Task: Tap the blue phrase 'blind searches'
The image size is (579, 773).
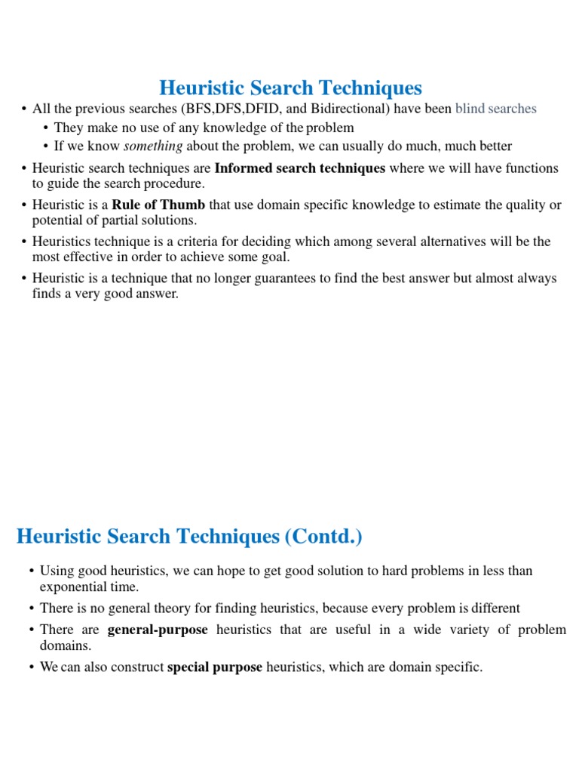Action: pos(495,109)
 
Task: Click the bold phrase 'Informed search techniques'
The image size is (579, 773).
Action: pos(300,168)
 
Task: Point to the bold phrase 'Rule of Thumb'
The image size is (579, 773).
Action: pos(158,205)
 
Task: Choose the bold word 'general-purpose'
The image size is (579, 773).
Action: pos(158,630)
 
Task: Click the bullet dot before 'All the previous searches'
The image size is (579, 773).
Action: pos(24,109)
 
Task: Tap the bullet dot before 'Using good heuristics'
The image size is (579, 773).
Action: pos(31,571)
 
